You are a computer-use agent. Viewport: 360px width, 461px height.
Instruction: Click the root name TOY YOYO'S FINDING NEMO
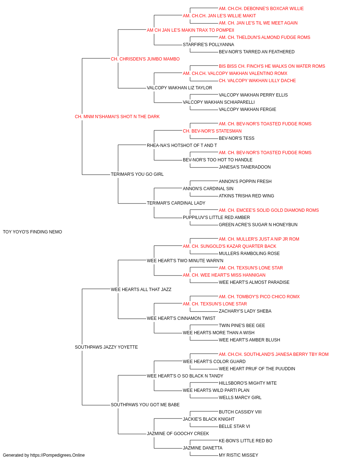coord(32,232)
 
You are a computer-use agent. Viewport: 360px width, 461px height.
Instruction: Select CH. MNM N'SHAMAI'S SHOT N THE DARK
coord(117,117)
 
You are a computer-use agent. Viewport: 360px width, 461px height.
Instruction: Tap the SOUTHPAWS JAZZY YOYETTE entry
coord(106,347)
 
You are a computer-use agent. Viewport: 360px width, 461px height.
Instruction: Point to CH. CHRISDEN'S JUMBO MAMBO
coord(145,59)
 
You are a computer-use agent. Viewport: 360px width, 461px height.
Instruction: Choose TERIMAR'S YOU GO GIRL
coord(137,174)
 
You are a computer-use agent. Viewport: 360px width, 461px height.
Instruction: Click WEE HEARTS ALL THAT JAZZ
coord(141,289)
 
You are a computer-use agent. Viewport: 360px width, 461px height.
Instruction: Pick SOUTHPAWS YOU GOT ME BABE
coord(145,404)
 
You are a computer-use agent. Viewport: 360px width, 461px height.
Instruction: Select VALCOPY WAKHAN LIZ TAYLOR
coord(179,88)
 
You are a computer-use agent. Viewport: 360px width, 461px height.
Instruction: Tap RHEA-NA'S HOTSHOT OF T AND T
coord(182,145)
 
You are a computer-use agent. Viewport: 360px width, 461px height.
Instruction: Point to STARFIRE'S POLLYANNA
coord(208,45)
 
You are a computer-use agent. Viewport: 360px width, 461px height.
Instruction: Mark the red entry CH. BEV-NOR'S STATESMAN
coord(212,131)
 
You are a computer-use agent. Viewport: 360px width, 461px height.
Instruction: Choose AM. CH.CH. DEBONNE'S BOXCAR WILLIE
coord(261,9)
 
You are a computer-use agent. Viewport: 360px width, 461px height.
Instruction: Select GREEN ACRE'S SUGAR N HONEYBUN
coord(258,225)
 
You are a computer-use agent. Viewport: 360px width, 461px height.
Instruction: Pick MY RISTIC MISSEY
coord(238,455)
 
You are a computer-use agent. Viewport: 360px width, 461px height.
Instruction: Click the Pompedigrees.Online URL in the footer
coord(57,455)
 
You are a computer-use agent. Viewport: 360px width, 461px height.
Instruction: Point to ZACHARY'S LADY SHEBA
coord(245,311)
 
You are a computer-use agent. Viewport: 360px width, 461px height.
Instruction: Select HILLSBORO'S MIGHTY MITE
coord(248,383)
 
